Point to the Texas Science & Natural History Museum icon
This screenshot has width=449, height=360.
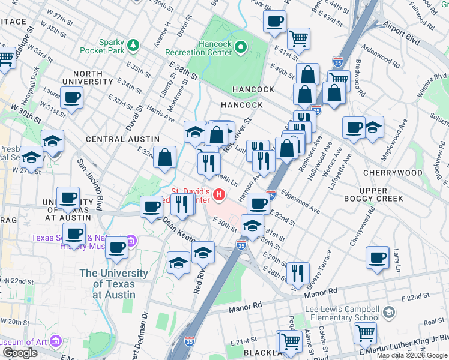(x=133, y=241)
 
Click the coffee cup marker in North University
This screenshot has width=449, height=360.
(x=72, y=98)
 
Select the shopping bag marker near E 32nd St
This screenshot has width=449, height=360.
(x=164, y=158)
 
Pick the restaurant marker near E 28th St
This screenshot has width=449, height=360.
(x=297, y=273)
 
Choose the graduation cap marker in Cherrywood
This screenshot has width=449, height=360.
(x=372, y=127)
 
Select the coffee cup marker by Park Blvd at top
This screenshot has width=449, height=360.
(x=274, y=22)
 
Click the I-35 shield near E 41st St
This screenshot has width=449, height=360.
(x=337, y=62)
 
